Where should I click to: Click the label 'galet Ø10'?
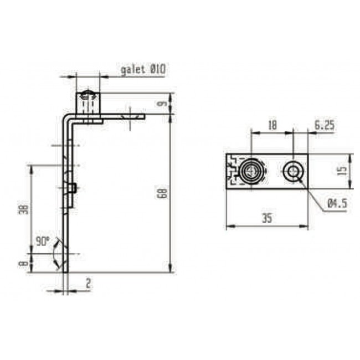(143, 70)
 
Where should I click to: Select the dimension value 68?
(162, 193)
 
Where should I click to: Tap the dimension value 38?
(23, 209)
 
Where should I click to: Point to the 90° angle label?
(42, 242)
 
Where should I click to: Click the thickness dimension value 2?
(88, 283)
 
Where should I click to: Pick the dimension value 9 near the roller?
(162, 103)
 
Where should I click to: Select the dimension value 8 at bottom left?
(23, 264)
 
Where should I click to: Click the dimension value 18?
(272, 126)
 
